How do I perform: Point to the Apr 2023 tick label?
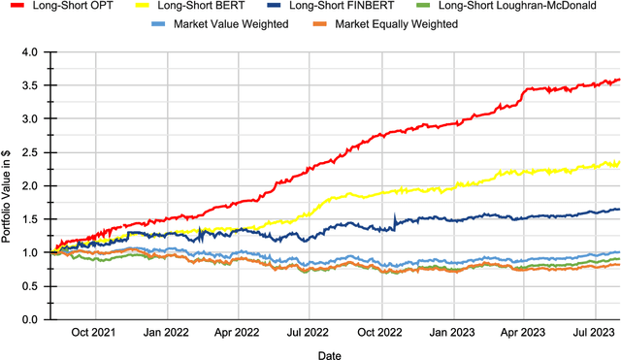528,332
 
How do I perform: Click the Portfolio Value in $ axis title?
8,185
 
